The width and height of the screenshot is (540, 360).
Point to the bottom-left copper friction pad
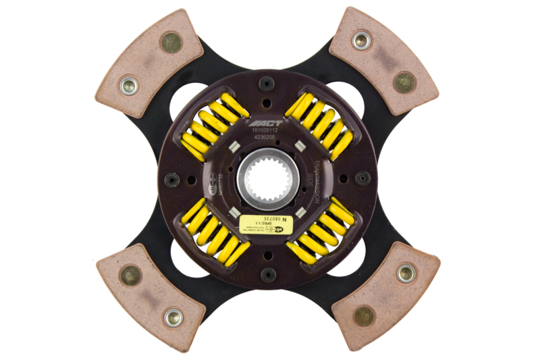tap(150, 297)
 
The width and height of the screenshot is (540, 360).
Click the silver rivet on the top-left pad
tap(129, 85)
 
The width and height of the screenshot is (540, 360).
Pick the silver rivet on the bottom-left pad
tap(173, 316)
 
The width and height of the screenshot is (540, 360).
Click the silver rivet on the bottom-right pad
tap(405, 273)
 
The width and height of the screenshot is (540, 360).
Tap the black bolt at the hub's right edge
tap(362, 178)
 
